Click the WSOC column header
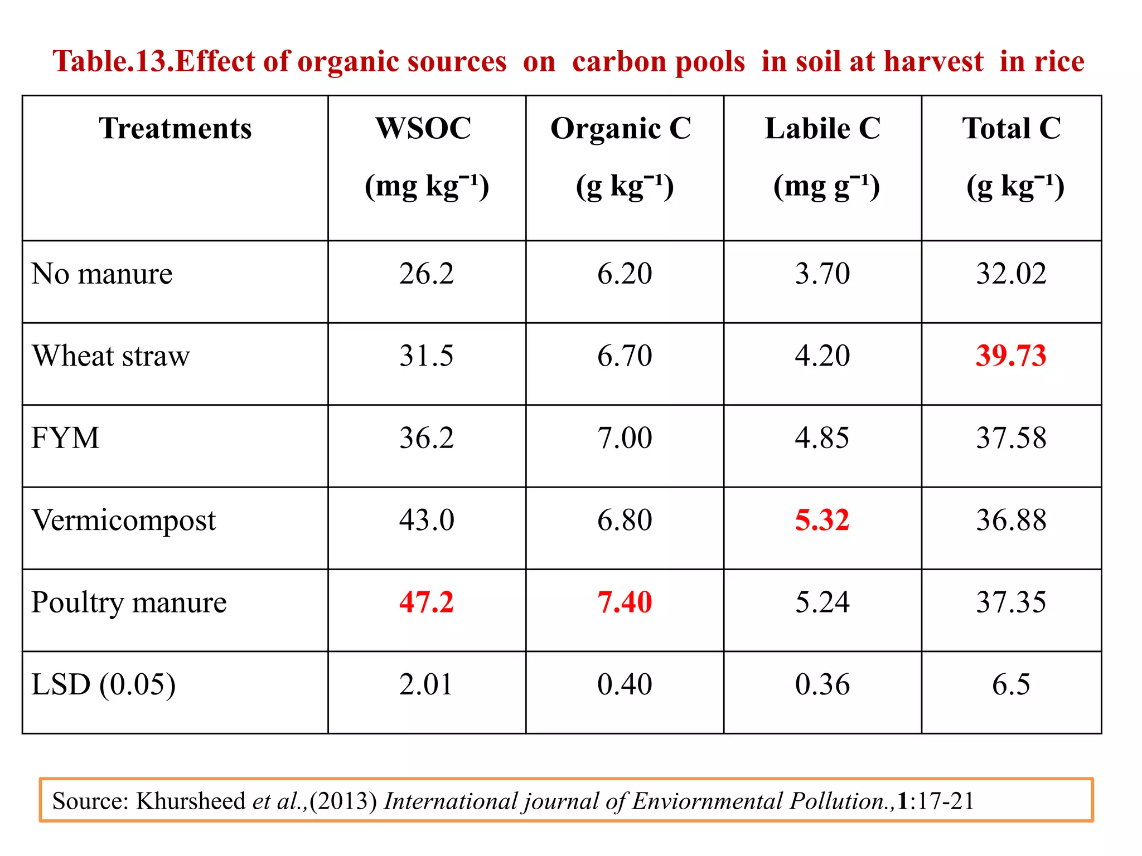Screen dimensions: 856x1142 [x=423, y=129]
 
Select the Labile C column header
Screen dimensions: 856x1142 [x=822, y=129]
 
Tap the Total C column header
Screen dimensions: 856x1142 [x=1011, y=129]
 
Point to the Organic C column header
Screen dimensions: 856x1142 [x=621, y=129]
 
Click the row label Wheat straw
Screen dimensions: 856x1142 [x=111, y=356]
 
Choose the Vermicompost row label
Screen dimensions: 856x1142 [x=124, y=520]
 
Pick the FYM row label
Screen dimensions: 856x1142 [x=65, y=437]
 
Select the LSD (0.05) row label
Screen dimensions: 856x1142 [x=103, y=684]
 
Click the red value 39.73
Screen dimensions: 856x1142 [x=1011, y=356]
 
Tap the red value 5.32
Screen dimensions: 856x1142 [x=822, y=520]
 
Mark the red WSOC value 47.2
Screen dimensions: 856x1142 [x=427, y=602]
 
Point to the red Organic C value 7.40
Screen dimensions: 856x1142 [x=625, y=602]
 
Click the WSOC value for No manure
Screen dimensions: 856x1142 [x=427, y=274]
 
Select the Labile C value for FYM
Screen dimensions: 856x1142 [x=822, y=437]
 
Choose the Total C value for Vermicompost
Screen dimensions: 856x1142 [x=1011, y=520]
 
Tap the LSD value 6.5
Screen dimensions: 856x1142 [x=1011, y=684]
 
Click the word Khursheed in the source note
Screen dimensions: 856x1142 [x=191, y=801]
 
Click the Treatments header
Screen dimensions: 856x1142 [x=175, y=129]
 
